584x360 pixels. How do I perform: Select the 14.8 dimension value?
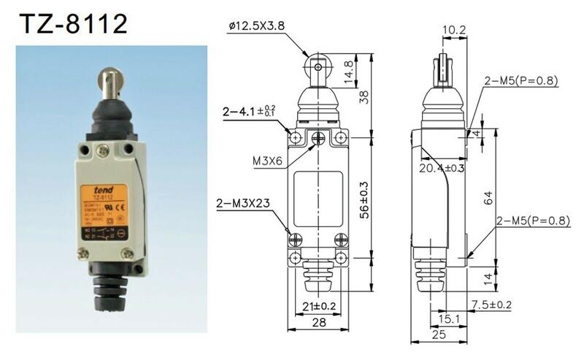pos(350,73)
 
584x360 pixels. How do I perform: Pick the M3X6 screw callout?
pos(261,161)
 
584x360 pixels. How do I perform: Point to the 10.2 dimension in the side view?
pos(453,30)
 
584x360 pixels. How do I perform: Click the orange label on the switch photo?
pos(104,213)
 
